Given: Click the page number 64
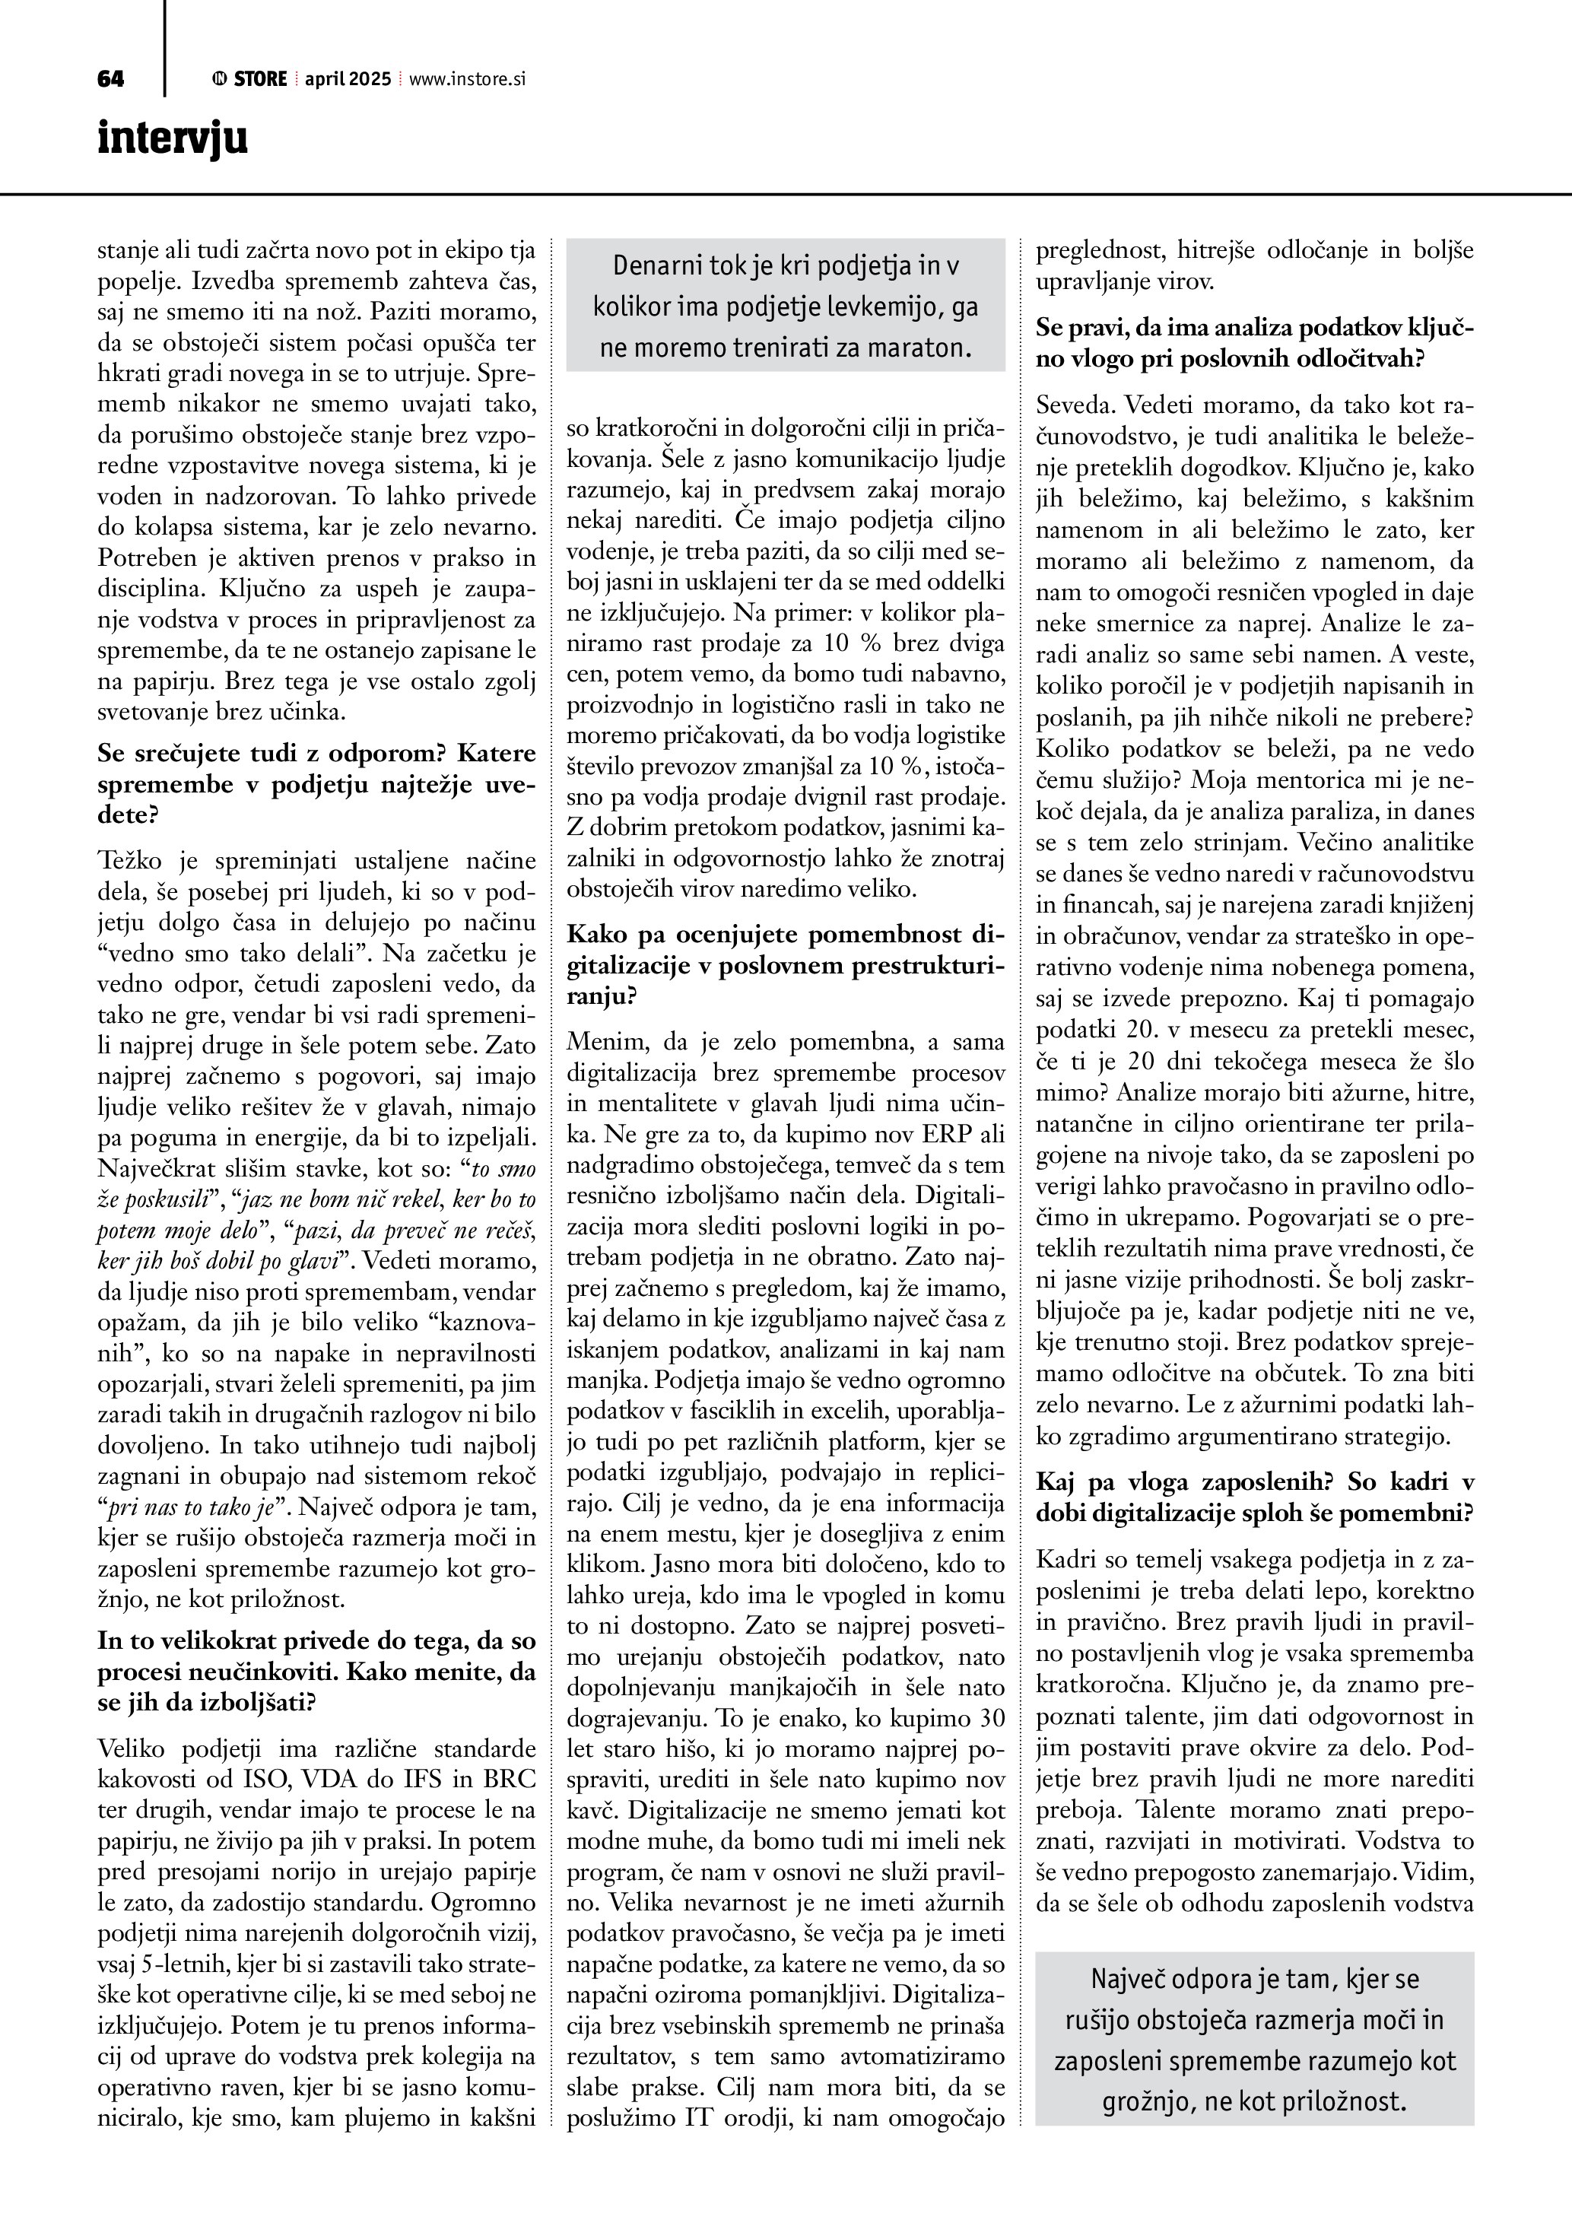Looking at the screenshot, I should (110, 79).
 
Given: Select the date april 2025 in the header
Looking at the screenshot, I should (348, 79).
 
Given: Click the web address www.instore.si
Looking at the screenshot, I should (466, 79).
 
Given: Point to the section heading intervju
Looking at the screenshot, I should (173, 138).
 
